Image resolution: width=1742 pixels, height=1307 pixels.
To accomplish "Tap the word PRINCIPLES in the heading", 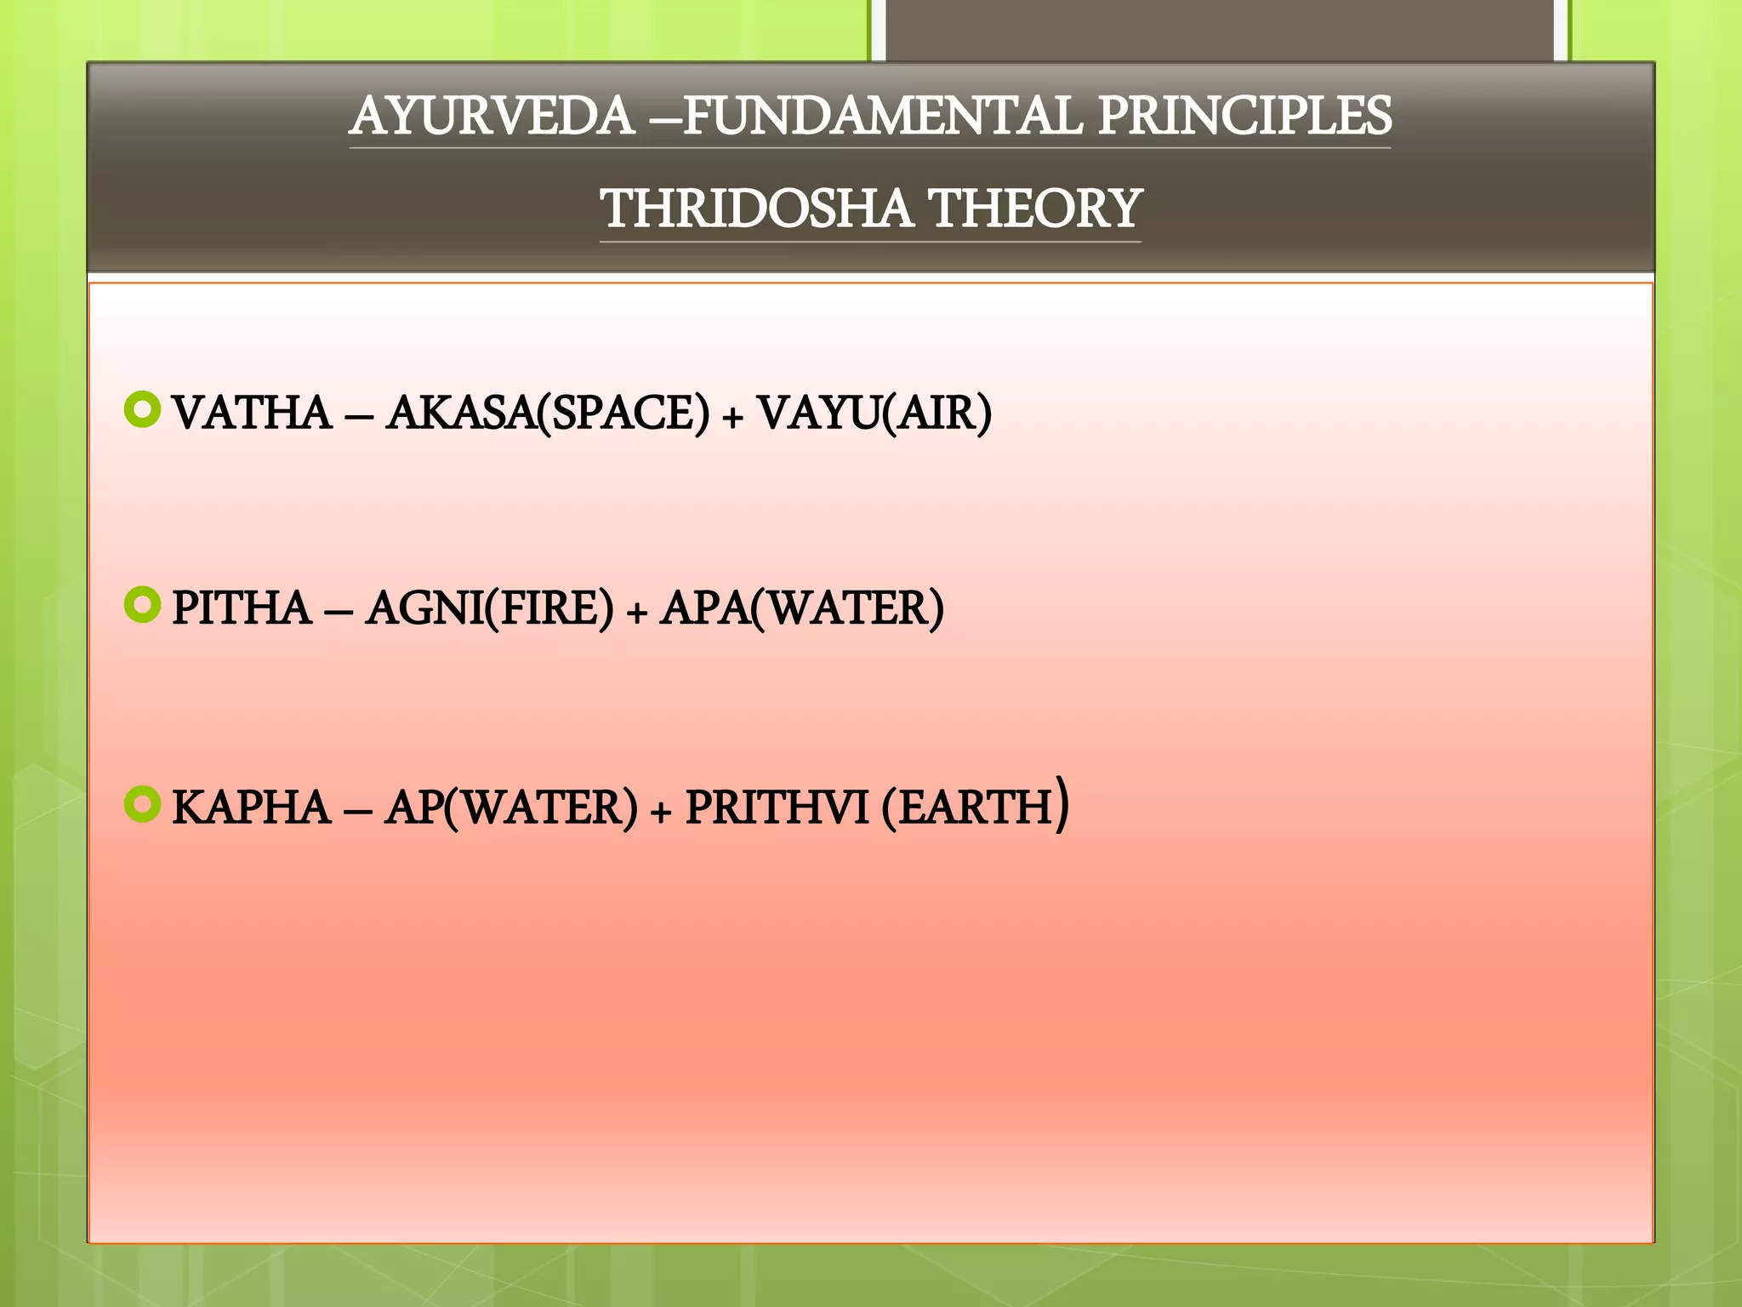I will point(1244,117).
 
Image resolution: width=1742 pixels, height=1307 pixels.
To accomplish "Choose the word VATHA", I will point(252,414).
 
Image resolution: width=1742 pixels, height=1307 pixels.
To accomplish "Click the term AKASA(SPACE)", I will point(548,414).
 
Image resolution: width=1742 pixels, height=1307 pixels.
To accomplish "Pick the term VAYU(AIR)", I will point(874,414).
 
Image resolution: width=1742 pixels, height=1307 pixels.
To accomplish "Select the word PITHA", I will point(242,608).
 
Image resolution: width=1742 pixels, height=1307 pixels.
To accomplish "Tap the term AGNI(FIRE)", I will point(489,608).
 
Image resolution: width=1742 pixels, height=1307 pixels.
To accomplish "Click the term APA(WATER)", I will point(802,608).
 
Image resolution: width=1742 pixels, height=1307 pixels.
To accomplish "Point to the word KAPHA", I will point(251,808).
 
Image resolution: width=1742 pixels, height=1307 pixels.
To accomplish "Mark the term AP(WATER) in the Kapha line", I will point(510,808).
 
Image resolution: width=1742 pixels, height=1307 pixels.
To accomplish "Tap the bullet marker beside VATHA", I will point(142,410).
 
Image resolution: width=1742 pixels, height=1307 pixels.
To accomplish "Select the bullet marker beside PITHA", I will point(142,605).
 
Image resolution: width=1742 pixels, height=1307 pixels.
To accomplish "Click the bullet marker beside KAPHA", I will point(142,804).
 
